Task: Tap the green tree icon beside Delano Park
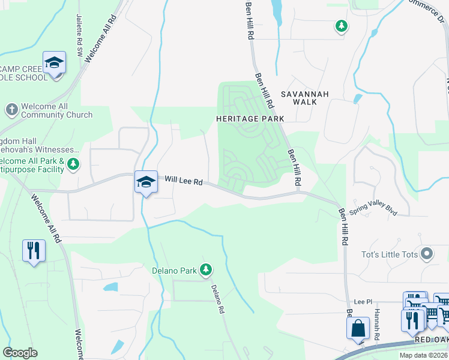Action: (x=206, y=270)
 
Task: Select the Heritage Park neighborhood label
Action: (x=250, y=119)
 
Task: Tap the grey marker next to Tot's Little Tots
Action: (x=427, y=254)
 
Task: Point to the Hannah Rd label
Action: (x=376, y=325)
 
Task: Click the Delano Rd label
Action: (x=217, y=299)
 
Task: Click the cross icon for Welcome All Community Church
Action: (x=11, y=109)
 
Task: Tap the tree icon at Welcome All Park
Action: (x=73, y=163)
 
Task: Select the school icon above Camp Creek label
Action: (x=54, y=63)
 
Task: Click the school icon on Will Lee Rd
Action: (x=145, y=181)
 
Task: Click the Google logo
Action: (x=20, y=353)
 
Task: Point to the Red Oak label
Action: (x=431, y=340)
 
